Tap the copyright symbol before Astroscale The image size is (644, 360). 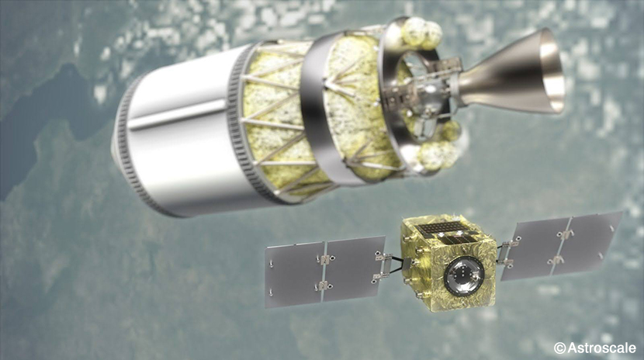[559, 348]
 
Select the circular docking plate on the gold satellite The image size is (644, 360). [464, 275]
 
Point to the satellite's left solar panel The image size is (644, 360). [325, 272]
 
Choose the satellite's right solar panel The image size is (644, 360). [561, 244]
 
